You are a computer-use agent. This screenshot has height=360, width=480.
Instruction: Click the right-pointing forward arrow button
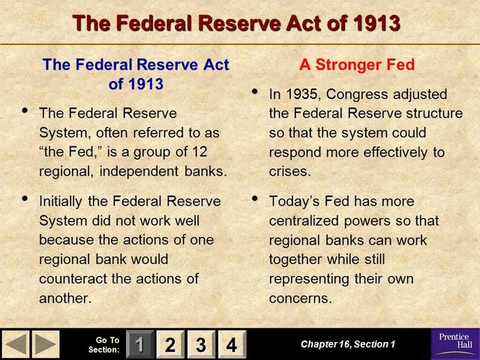click(46, 344)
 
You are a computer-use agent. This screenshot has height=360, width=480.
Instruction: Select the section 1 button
click(139, 345)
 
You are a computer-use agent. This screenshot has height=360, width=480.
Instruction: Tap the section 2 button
click(169, 345)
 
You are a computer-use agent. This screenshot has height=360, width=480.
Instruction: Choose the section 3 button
click(200, 345)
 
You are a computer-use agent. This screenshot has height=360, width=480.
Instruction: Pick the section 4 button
click(231, 345)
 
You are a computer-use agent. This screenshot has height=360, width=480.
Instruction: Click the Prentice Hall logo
click(454, 344)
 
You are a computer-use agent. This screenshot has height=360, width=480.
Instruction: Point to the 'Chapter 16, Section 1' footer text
click(347, 344)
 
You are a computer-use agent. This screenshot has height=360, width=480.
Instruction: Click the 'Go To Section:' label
click(103, 345)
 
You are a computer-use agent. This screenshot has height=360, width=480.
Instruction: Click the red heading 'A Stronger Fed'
click(356, 65)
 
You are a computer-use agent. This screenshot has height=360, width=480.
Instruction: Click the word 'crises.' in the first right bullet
click(289, 172)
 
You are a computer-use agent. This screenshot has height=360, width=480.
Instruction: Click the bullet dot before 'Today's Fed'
click(254, 199)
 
